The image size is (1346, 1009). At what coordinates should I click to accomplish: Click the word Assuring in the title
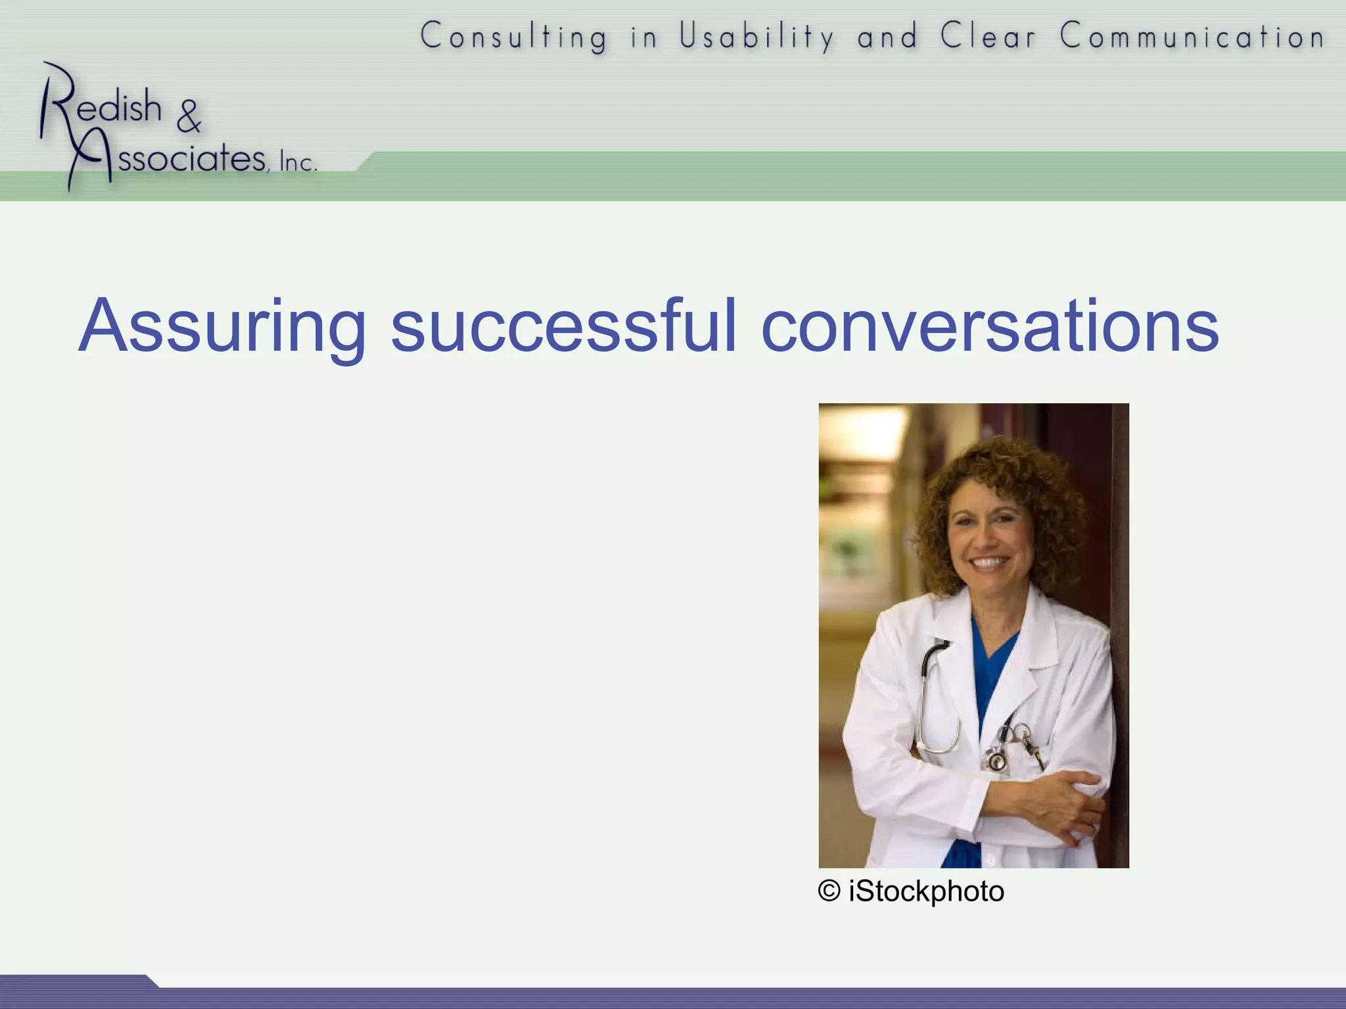coord(221,326)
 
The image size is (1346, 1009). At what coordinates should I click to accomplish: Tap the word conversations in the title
coord(989,326)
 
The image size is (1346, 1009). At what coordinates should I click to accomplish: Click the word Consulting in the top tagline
coord(514,36)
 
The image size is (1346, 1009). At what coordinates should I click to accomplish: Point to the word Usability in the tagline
coord(756,36)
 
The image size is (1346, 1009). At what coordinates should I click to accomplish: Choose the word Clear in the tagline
coord(988,36)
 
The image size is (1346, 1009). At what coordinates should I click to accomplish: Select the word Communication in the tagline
coord(1192,36)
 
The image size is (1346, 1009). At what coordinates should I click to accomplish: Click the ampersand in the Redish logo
coord(189,116)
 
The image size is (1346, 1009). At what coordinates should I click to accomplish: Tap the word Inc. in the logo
coord(298,162)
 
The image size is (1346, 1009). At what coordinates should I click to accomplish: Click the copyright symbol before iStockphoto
coord(829,891)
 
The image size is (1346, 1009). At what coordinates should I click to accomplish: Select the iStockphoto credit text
coord(926,891)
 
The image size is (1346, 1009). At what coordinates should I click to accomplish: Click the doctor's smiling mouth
coord(989,563)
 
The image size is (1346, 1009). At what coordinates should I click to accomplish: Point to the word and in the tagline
coord(887,36)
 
